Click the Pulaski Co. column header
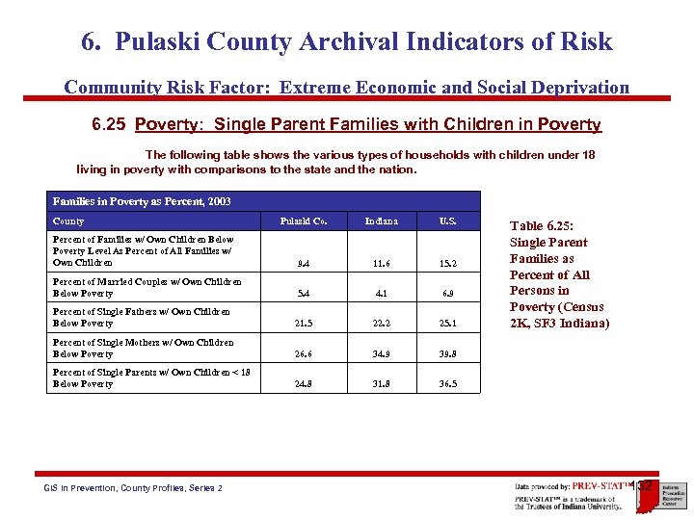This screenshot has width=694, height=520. point(303,221)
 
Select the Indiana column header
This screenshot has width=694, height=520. point(381,221)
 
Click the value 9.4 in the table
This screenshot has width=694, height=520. point(303,262)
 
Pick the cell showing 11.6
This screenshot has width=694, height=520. point(381,262)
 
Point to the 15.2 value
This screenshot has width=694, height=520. point(447,262)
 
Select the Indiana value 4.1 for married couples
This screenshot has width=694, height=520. point(381,293)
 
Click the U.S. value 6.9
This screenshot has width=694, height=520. point(447,293)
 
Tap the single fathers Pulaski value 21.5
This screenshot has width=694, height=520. point(303,324)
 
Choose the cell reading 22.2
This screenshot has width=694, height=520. point(381,324)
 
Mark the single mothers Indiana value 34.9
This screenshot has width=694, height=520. point(381,353)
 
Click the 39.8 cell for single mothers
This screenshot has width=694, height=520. point(447,353)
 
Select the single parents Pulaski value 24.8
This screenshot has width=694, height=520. point(303,383)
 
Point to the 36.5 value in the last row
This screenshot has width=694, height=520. point(447,383)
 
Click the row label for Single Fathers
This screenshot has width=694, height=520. point(141,317)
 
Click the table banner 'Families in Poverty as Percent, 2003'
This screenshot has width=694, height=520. point(142,201)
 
